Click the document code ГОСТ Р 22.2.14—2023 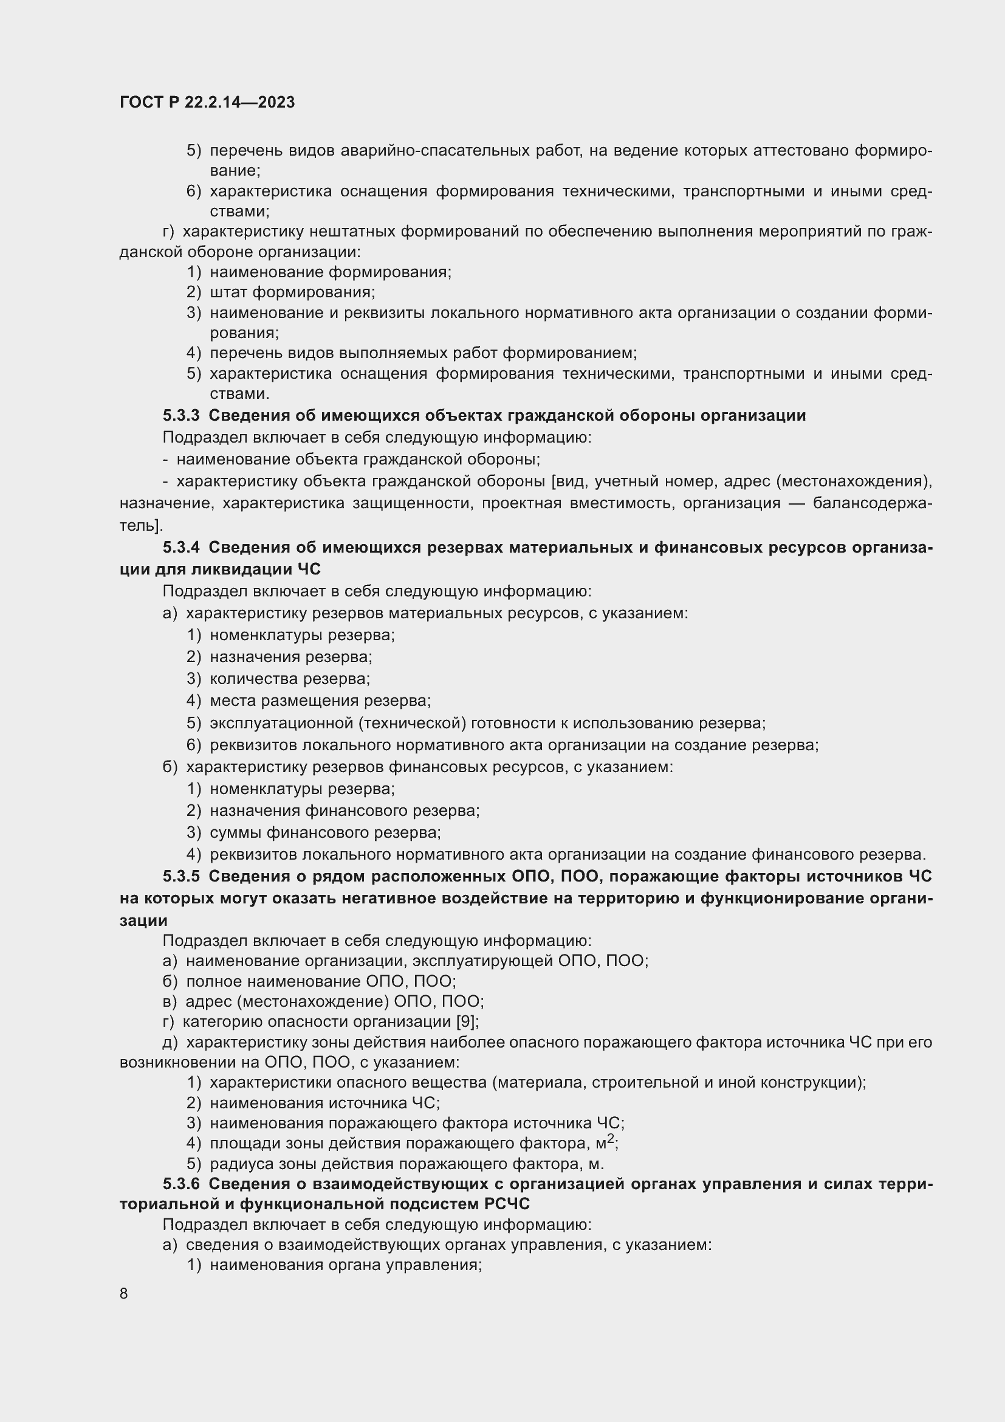click(x=207, y=102)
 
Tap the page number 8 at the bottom click(x=124, y=1293)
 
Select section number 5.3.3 click(x=181, y=416)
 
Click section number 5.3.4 click(x=181, y=548)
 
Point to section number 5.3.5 click(x=181, y=877)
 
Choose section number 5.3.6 click(x=181, y=1184)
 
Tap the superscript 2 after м click(x=611, y=1138)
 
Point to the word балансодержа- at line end click(x=872, y=503)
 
